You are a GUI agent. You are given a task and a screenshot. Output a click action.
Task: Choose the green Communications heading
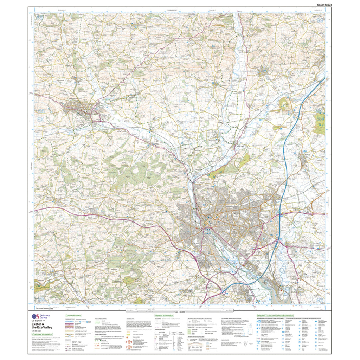click(x=73, y=316)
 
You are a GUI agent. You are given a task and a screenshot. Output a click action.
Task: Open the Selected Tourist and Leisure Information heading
click(x=275, y=316)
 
